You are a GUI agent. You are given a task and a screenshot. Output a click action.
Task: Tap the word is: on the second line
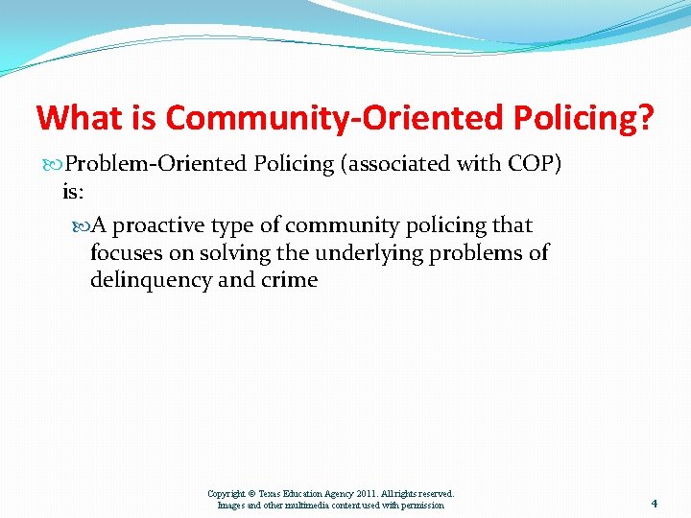(73, 192)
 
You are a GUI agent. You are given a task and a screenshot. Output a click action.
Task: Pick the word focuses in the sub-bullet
(124, 253)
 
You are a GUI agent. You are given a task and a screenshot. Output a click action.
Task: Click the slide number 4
(654, 503)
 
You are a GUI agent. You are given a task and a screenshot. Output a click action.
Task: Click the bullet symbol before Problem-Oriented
(54, 164)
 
